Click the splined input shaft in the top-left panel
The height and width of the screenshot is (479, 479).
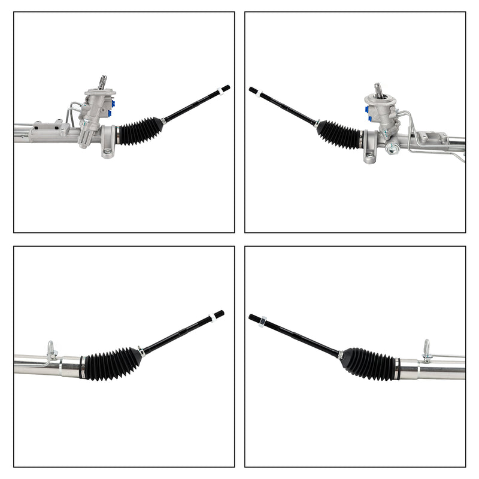(x=102, y=82)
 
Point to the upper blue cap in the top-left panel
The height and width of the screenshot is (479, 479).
(x=112, y=103)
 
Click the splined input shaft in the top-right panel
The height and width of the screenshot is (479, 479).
(x=379, y=90)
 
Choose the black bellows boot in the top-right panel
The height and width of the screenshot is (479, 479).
(x=340, y=135)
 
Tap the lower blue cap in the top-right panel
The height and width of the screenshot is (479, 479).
(x=369, y=119)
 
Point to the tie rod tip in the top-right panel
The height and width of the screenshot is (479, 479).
(x=253, y=90)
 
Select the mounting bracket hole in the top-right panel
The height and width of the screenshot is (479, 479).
(x=370, y=157)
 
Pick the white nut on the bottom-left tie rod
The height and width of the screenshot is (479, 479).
(x=211, y=317)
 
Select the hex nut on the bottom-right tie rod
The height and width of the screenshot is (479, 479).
(x=262, y=322)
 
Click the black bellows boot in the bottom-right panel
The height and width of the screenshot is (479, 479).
(x=368, y=363)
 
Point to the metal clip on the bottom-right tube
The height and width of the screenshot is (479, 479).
(x=426, y=351)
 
